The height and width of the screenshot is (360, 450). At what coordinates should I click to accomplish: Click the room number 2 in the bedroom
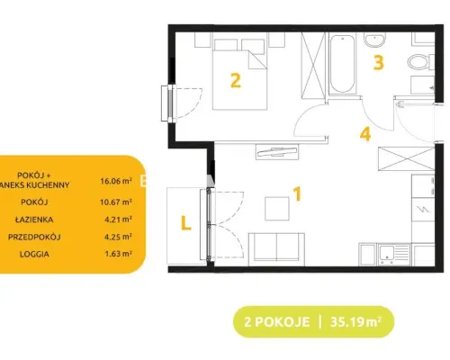pyautogui.click(x=236, y=81)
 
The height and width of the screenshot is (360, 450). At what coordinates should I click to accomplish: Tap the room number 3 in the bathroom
pyautogui.click(x=378, y=63)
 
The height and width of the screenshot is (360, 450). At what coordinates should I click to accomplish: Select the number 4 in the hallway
pyautogui.click(x=365, y=134)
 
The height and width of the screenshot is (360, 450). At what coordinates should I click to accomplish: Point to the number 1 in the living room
pyautogui.click(x=297, y=193)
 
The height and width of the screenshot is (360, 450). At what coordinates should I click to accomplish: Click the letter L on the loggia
pyautogui.click(x=186, y=222)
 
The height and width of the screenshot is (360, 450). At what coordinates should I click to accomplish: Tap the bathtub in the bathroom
pyautogui.click(x=342, y=64)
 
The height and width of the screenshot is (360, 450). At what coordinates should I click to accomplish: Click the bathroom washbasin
pyautogui.click(x=374, y=40)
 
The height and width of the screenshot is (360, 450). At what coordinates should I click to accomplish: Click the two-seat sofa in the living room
pyautogui.click(x=276, y=249)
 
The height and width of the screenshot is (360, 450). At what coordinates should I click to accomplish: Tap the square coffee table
pyautogui.click(x=277, y=209)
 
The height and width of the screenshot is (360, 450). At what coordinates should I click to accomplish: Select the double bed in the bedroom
pyautogui.click(x=239, y=74)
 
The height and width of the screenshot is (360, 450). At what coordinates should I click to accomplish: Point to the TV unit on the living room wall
pyautogui.click(x=277, y=152)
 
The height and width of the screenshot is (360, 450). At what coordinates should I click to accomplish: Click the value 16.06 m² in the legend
pyautogui.click(x=116, y=181)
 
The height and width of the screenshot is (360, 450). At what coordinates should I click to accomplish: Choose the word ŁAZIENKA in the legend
pyautogui.click(x=34, y=220)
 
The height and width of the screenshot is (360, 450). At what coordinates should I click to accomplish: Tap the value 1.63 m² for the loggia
pyautogui.click(x=118, y=254)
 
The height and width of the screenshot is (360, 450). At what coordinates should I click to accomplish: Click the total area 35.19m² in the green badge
pyautogui.click(x=355, y=322)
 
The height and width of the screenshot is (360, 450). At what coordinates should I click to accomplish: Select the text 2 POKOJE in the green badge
pyautogui.click(x=276, y=322)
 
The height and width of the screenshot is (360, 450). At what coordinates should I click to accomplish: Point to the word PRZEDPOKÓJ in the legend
pyautogui.click(x=34, y=237)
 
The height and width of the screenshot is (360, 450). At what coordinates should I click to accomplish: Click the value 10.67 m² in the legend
pyautogui.click(x=116, y=202)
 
